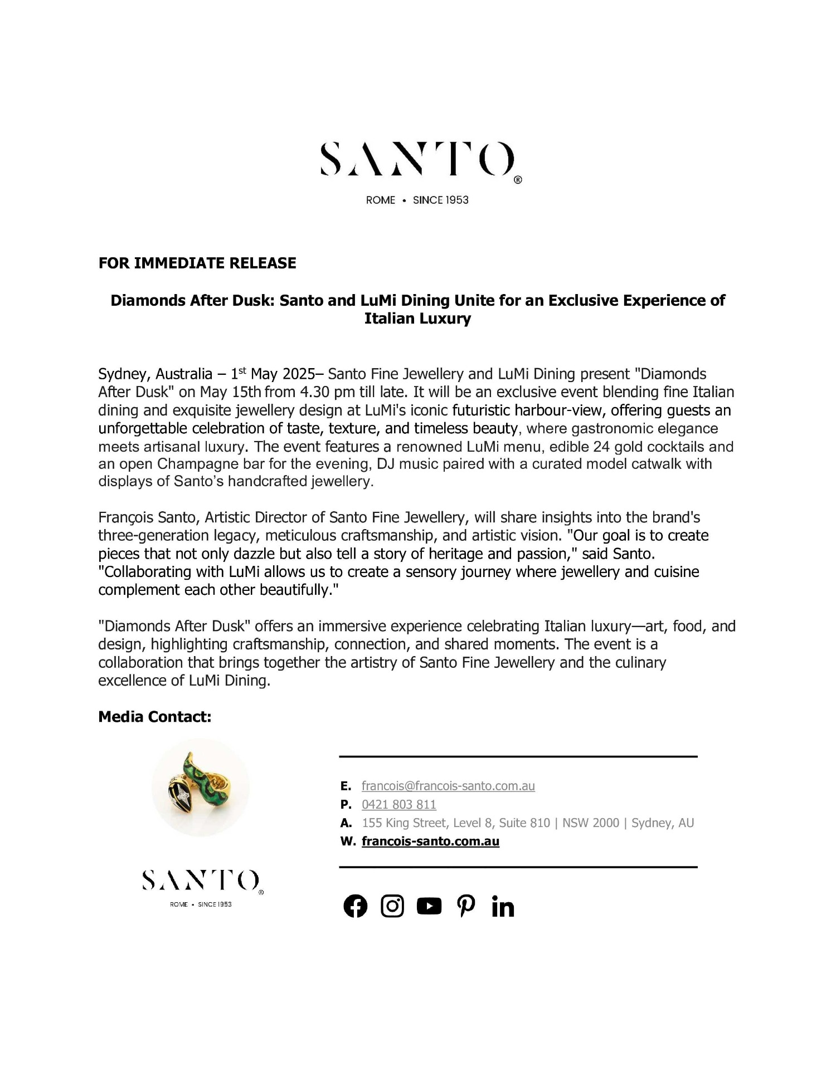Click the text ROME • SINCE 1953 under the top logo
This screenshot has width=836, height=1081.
tap(417, 200)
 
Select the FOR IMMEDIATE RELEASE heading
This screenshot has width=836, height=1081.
tap(197, 263)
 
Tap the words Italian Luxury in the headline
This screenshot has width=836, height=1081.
tap(417, 319)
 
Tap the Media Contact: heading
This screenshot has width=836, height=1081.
tap(155, 717)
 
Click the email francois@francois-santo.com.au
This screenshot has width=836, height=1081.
tap(448, 786)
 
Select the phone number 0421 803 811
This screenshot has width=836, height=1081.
tap(399, 804)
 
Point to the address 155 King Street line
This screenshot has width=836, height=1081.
tap(528, 823)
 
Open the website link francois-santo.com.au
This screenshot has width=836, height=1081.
tap(430, 841)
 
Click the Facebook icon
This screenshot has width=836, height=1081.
tap(356, 906)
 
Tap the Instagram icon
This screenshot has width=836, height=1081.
tap(392, 906)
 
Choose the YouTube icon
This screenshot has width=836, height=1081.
tap(429, 906)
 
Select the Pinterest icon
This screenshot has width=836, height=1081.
tap(466, 906)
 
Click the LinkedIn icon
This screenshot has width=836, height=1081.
tap(503, 907)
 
